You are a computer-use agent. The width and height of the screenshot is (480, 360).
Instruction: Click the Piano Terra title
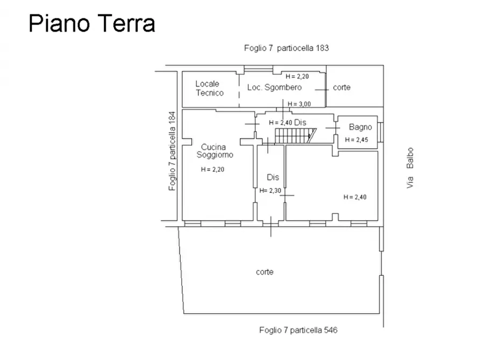92,24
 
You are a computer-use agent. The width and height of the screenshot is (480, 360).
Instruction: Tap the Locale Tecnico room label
210,88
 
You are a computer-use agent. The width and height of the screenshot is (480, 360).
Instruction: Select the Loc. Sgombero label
274,88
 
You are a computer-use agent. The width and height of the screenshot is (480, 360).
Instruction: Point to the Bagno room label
360,127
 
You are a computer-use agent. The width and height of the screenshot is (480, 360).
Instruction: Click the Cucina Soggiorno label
214,151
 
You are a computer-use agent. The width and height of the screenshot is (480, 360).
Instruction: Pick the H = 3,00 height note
299,104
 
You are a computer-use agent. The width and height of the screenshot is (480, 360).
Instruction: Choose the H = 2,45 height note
356,140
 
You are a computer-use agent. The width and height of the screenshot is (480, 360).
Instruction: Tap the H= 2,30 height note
270,191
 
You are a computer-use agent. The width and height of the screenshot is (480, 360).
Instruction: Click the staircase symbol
295,136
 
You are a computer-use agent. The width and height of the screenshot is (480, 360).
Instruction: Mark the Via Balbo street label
410,168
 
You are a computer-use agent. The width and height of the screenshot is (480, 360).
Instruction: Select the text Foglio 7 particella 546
298,330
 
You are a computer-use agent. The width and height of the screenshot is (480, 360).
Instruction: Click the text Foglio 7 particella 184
172,151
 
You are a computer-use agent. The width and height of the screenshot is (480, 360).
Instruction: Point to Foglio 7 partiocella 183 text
286,48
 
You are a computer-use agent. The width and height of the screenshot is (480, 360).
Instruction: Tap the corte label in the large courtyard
264,272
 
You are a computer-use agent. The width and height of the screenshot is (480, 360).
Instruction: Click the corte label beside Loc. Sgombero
342,88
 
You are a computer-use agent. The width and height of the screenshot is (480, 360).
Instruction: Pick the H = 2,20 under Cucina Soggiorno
212,170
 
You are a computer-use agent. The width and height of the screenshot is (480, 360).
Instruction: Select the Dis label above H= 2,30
273,177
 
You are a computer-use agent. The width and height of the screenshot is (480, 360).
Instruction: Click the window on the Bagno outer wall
380,132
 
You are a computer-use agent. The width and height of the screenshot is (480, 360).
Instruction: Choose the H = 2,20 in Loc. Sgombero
297,76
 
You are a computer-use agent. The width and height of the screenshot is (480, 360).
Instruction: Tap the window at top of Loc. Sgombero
259,69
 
